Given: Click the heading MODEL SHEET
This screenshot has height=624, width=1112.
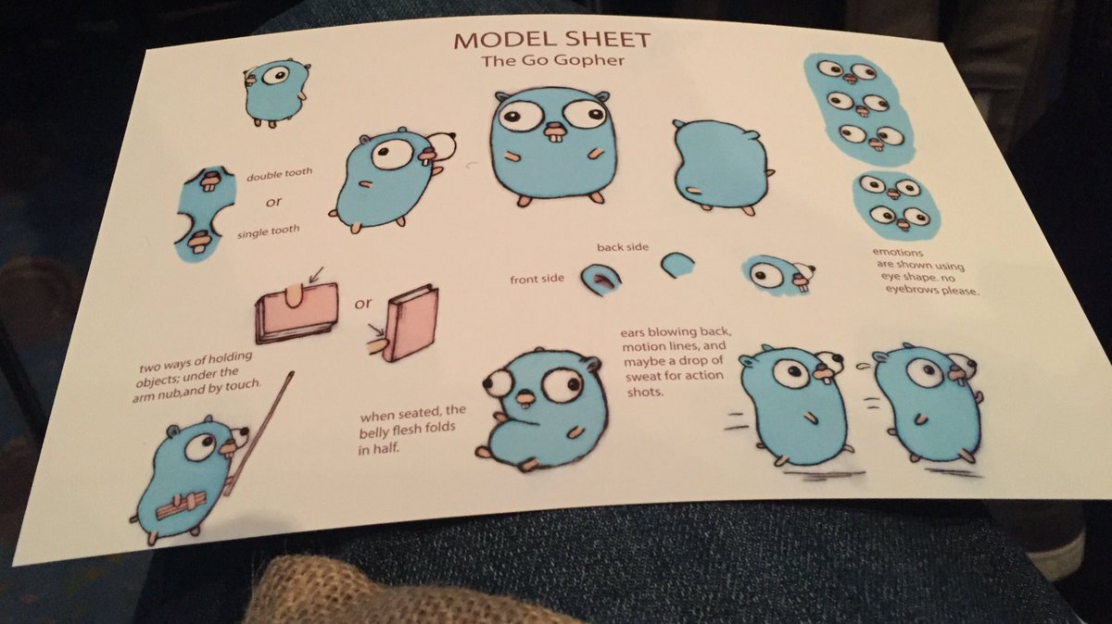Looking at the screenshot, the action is coord(551,40).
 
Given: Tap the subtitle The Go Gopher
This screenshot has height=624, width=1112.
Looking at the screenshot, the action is coord(552,61).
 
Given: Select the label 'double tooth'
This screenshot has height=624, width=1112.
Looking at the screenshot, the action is coord(280,174).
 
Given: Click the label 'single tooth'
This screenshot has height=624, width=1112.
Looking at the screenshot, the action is coord(268,231).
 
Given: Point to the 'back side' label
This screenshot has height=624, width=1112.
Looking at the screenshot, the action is coord(623,246).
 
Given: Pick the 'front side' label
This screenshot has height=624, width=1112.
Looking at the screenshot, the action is coord(537,280).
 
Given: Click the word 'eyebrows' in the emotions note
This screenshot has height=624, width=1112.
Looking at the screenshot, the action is coord(912,288).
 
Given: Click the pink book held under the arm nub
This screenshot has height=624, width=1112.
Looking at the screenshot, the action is coord(297,314).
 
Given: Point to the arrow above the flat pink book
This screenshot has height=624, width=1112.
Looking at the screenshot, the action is coord(315,274).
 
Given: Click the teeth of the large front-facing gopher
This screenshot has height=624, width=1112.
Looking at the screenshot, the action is coord(554,134).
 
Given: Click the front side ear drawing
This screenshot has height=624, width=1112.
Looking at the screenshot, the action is coord(600,279).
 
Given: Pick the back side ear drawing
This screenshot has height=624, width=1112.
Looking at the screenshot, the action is coord(677,265).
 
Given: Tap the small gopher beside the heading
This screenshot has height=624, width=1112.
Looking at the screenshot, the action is coord(275,93).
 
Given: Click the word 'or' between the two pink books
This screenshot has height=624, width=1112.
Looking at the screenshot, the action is coord(363,303).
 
